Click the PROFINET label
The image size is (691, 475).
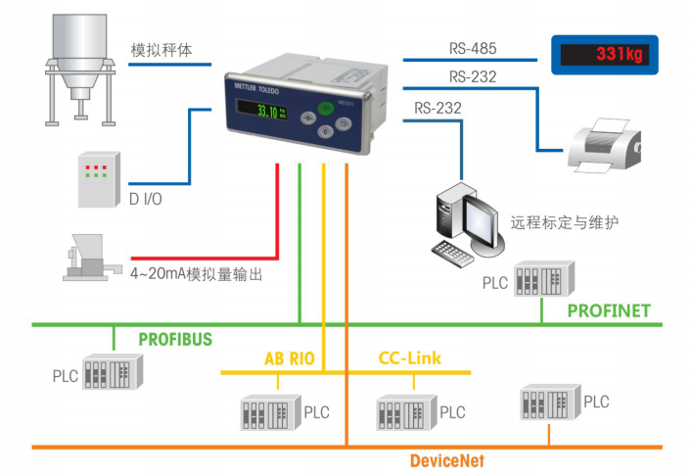click(x=609, y=310)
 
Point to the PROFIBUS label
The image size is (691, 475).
click(x=175, y=339)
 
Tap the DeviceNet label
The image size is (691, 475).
click(x=446, y=460)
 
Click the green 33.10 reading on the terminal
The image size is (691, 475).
click(x=267, y=112)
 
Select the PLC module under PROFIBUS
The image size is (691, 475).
click(x=114, y=374)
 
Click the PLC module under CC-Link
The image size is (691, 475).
click(x=406, y=412)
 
